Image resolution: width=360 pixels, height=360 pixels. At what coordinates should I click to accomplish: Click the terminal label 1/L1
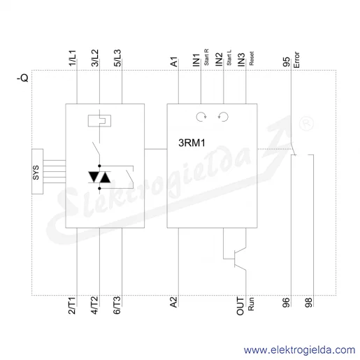pos(73,58)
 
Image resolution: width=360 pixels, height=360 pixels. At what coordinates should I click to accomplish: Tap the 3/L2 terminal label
pos(95,58)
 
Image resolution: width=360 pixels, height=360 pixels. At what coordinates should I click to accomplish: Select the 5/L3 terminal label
pos(117,58)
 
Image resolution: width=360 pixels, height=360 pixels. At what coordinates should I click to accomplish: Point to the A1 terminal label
pos(174,62)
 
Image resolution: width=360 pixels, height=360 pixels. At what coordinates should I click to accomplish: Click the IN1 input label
pos(196,60)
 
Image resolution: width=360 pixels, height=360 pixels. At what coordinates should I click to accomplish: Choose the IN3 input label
pos(241,60)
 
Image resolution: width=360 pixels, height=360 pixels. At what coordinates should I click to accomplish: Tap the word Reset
pos(252,59)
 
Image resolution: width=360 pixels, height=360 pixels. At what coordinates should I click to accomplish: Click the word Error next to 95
pos(296,60)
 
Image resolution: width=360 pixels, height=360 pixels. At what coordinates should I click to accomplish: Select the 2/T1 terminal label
pos(72,305)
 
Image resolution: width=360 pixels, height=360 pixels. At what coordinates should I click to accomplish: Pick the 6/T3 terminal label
pos(117,305)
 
